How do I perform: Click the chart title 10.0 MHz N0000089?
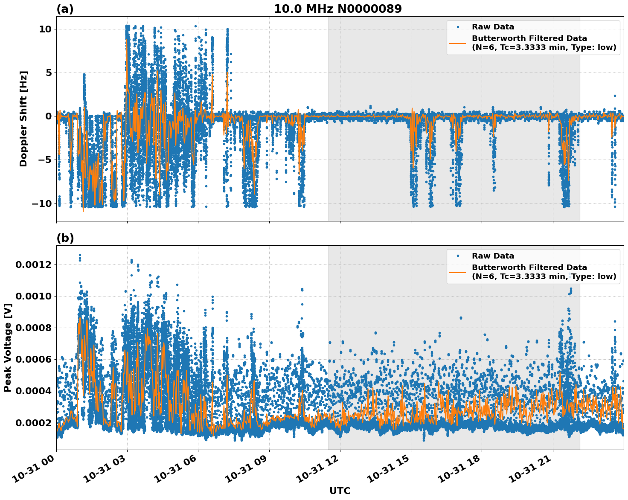click(x=337, y=9)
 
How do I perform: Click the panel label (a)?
click(x=65, y=9)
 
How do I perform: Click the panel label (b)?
click(x=65, y=238)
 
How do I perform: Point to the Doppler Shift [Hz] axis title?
click(x=23, y=119)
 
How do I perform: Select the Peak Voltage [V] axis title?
click(x=7, y=347)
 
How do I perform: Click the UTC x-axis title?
click(x=340, y=491)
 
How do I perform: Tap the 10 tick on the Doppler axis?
click(x=45, y=29)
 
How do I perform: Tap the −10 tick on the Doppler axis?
click(x=41, y=203)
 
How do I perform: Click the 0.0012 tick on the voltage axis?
click(x=33, y=265)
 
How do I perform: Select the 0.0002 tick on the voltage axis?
click(x=33, y=423)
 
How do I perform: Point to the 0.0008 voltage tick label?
click(x=33, y=328)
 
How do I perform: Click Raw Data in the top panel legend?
click(x=493, y=27)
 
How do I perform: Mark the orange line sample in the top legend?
click(x=457, y=43)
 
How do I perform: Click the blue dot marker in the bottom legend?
click(x=457, y=256)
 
